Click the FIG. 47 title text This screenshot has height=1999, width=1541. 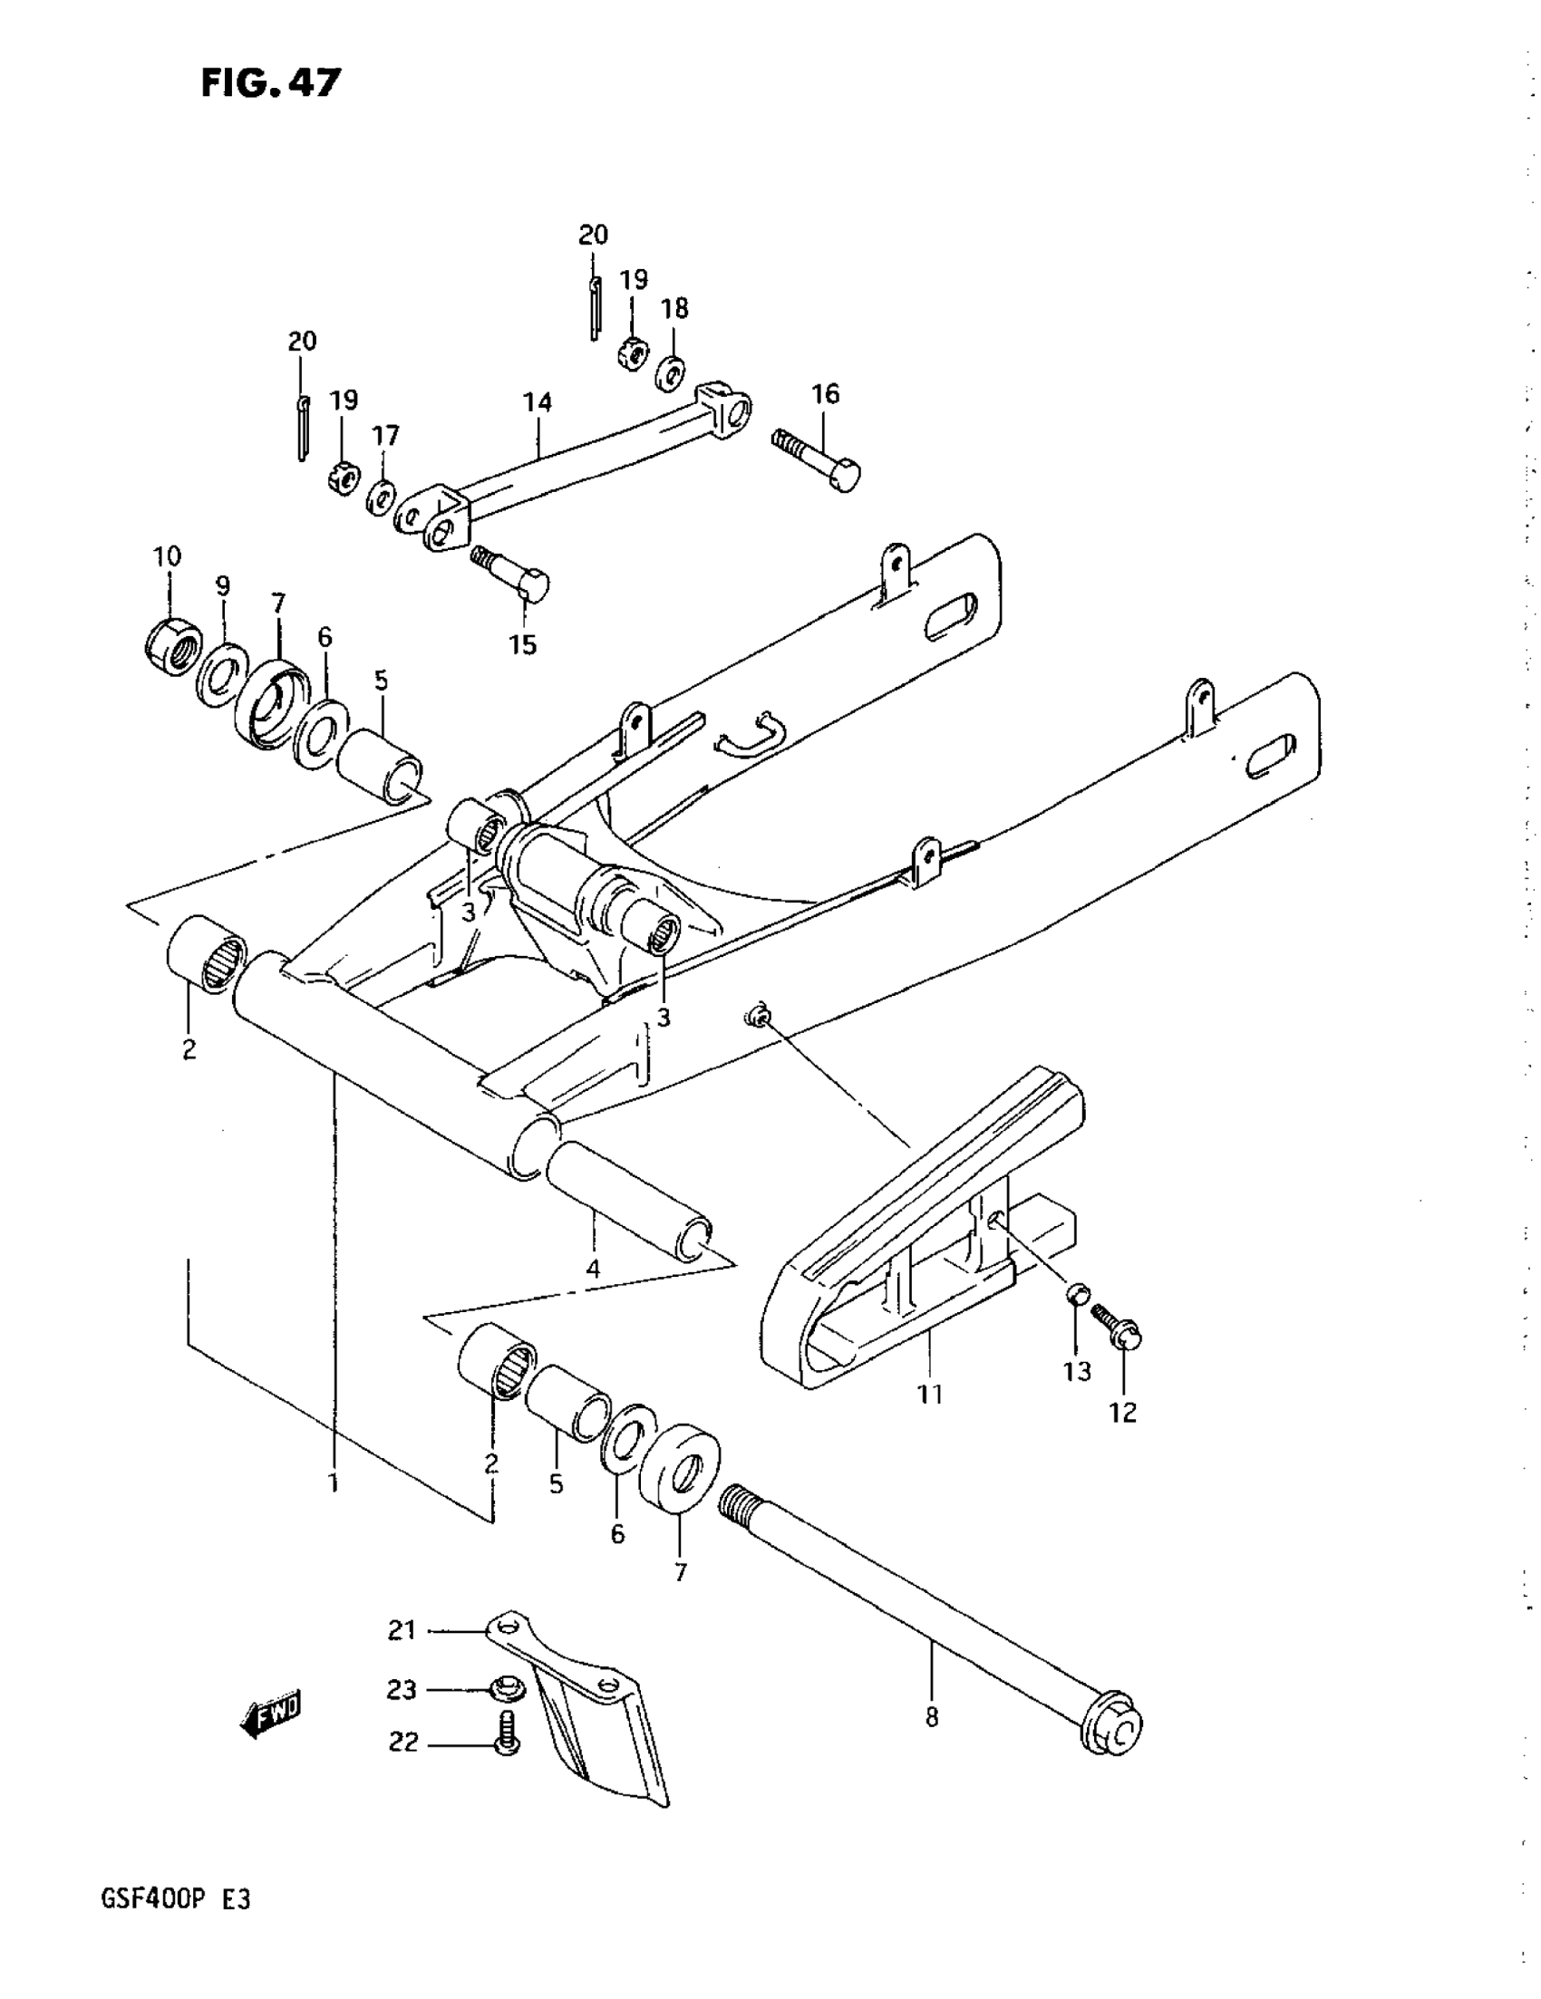[x=271, y=83]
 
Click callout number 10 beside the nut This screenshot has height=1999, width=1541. [x=167, y=555]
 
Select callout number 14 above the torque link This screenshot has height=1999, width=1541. [x=538, y=401]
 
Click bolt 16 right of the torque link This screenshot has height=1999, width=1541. [x=819, y=459]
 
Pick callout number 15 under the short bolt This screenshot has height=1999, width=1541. [x=523, y=644]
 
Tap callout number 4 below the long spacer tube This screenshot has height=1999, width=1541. [x=594, y=1270]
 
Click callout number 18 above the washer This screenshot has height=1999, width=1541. [x=674, y=308]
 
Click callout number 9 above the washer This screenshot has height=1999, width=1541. [x=222, y=585]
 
